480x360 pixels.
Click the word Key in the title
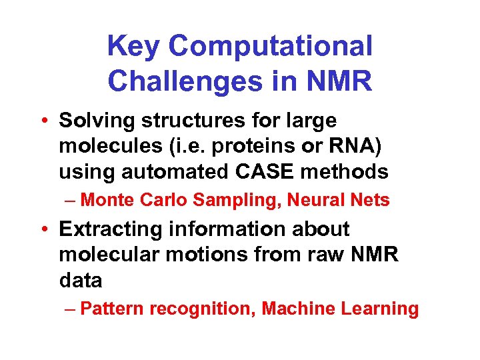pos(133,46)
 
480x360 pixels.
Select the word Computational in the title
pos(271,46)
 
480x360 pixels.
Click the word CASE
pos(273,171)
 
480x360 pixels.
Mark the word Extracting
pos(111,229)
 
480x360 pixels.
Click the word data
pos(81,280)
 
